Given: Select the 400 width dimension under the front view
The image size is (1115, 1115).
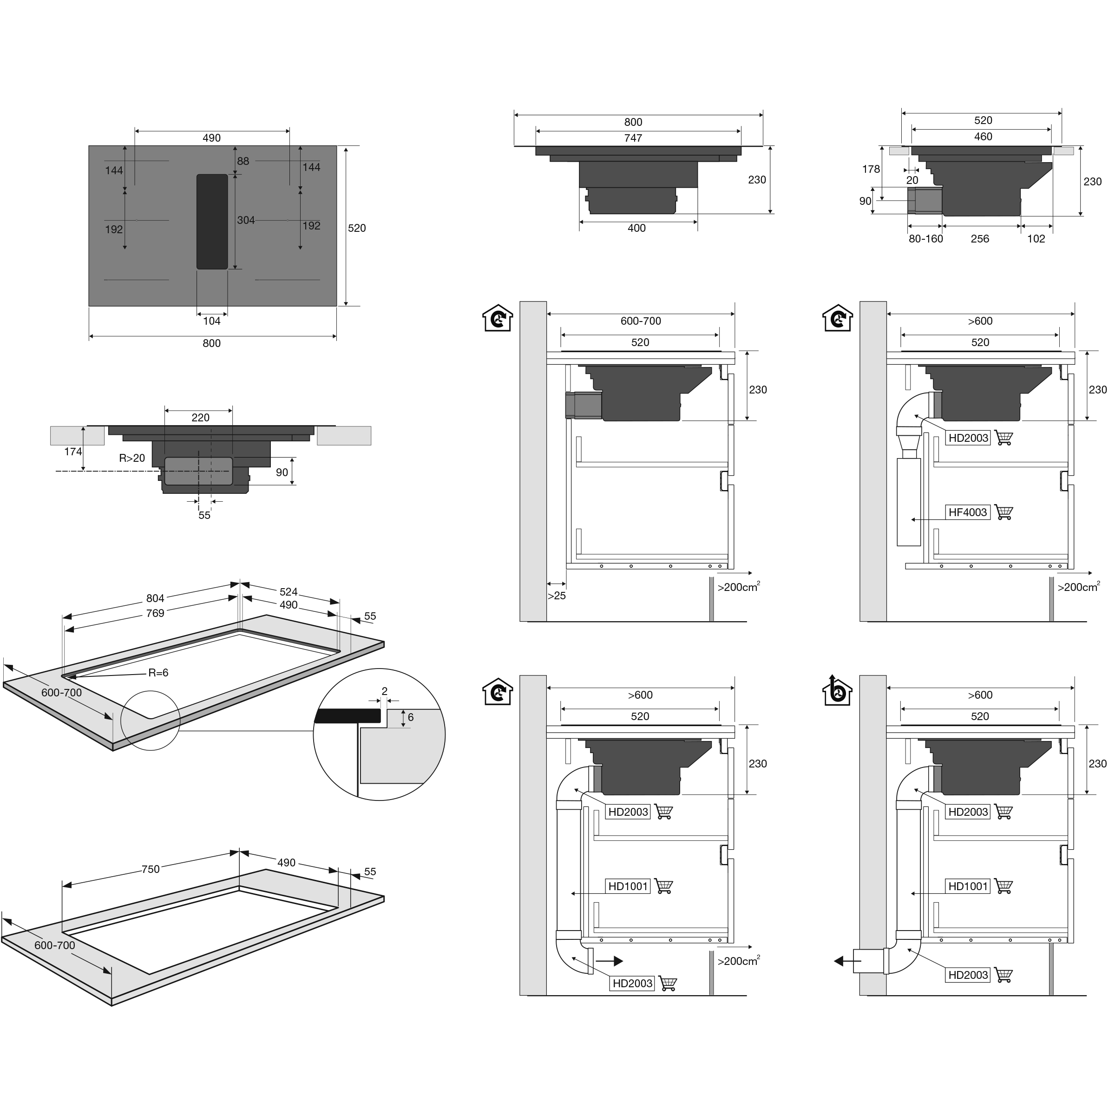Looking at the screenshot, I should (636, 228).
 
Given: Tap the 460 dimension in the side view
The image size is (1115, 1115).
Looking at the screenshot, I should (983, 137).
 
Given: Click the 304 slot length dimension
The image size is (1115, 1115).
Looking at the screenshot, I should (246, 220).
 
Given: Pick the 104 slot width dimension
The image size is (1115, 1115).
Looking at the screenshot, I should (212, 321).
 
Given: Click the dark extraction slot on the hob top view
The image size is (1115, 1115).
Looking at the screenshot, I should (212, 222).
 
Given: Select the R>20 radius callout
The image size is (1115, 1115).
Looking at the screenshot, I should (132, 458).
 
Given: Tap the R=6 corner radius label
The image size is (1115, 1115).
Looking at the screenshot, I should (158, 673).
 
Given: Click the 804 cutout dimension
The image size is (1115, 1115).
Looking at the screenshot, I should (155, 598).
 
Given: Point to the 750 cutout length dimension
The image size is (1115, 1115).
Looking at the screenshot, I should (151, 869).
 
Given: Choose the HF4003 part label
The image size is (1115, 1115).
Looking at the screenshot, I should (968, 512).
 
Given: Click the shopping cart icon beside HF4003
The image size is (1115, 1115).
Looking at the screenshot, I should (1004, 512).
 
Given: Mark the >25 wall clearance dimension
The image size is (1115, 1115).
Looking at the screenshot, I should (557, 596).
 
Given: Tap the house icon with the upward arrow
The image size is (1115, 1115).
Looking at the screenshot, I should (837, 690).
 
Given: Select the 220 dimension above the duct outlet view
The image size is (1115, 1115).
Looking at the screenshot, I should (200, 418).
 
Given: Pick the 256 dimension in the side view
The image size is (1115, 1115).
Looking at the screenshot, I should (979, 239).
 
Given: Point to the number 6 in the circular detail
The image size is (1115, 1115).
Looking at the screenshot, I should (410, 717).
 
